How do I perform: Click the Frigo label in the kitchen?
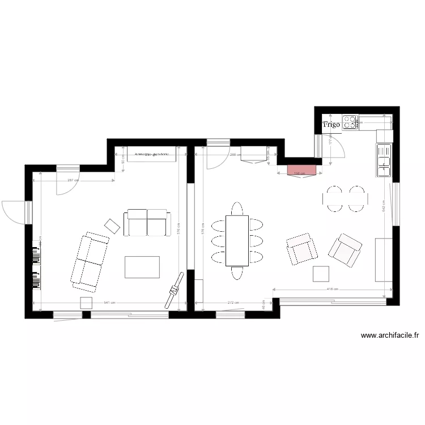331,124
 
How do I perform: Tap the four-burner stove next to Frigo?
350,122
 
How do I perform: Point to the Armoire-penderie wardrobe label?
152,154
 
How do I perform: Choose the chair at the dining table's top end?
237,208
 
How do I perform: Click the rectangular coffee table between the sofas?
142,267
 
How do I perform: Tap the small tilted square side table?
113,226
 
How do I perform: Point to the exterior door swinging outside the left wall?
14,212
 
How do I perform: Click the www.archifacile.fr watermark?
390,335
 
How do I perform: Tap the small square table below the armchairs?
321,274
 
